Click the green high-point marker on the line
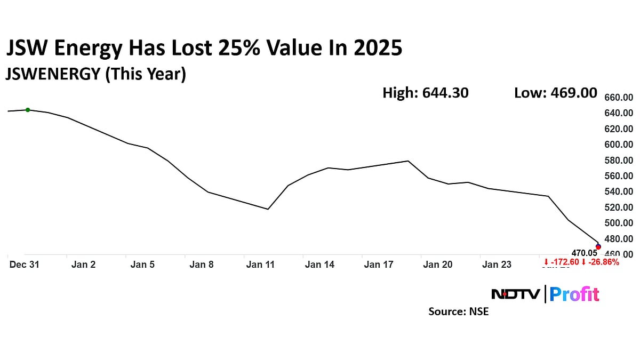click(x=28, y=110)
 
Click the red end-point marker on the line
click(x=598, y=247)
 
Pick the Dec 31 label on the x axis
click(x=25, y=265)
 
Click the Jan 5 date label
click(x=142, y=265)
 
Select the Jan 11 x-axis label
click(x=260, y=265)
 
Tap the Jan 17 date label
click(x=378, y=265)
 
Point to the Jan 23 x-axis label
click(x=497, y=265)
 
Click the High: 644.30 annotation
click(x=425, y=93)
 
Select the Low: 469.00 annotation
click(x=555, y=93)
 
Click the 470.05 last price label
click(x=584, y=253)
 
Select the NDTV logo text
click(x=515, y=294)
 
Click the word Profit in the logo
click(x=574, y=294)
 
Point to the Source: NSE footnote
click(x=458, y=311)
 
